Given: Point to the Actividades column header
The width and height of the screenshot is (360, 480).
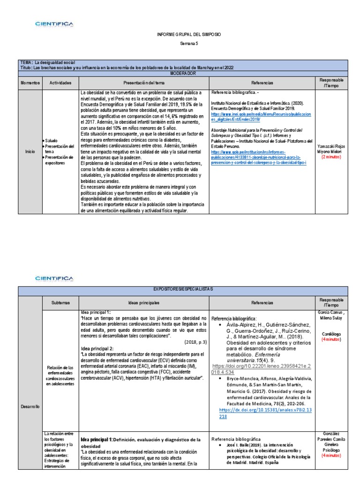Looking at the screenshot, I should [x=60, y=82].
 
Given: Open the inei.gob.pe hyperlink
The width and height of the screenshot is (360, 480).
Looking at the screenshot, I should [x=260, y=116].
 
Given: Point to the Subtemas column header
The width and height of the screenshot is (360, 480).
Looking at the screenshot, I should [x=61, y=302].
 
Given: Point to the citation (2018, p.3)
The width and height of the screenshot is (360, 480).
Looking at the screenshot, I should [x=194, y=342].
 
